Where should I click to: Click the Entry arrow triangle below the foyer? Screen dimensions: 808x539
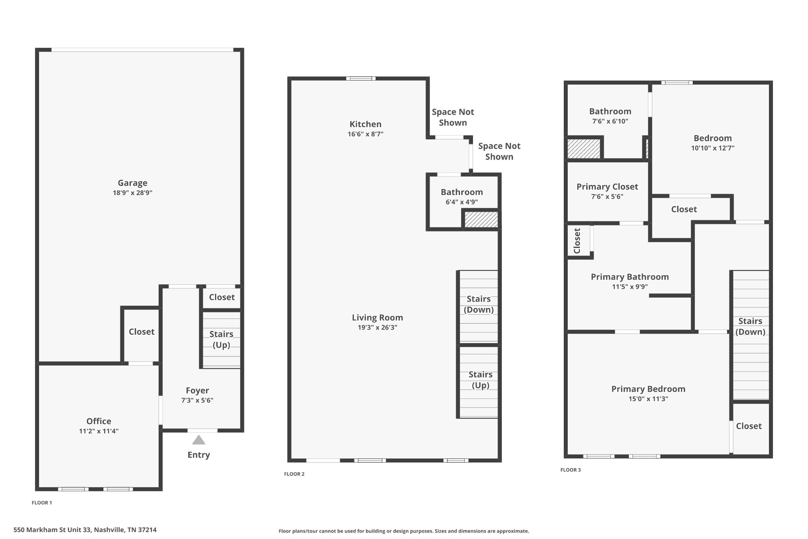(x=198, y=440)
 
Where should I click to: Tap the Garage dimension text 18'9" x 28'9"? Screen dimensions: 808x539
(x=133, y=193)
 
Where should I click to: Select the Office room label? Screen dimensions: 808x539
(x=99, y=421)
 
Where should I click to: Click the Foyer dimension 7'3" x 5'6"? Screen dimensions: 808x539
(x=197, y=400)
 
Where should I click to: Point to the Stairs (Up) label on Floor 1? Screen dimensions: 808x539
(x=221, y=340)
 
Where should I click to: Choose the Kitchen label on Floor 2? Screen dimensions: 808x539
(x=365, y=124)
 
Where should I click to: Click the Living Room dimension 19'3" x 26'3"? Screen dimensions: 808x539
(x=378, y=327)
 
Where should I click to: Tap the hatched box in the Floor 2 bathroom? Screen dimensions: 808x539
(x=481, y=220)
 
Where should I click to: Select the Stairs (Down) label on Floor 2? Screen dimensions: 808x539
(x=479, y=304)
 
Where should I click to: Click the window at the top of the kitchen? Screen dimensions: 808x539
(x=361, y=78)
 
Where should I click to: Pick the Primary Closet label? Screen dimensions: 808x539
(x=607, y=187)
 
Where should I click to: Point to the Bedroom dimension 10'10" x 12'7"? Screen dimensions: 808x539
(x=713, y=148)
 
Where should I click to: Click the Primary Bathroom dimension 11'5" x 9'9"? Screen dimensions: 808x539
(x=630, y=287)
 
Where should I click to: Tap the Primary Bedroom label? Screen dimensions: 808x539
(x=648, y=389)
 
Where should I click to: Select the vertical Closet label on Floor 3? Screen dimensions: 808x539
(x=577, y=241)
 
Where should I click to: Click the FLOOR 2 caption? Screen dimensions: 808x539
(x=294, y=474)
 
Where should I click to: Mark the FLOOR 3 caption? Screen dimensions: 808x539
(x=570, y=470)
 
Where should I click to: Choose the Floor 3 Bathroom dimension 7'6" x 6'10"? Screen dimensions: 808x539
(x=610, y=121)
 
